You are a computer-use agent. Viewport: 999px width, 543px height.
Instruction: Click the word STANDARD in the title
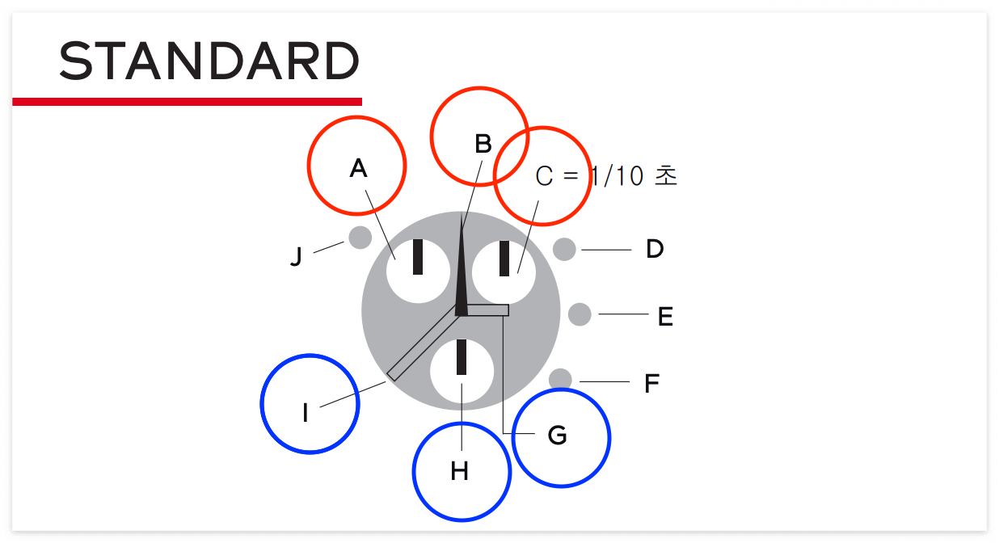pos(209,61)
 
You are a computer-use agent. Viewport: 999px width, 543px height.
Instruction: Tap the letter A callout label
pos(358,168)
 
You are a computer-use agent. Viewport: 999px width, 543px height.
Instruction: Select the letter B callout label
pos(483,144)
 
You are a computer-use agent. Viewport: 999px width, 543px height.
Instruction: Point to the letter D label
pos(655,249)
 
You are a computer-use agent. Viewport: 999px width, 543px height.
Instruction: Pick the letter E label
pos(665,317)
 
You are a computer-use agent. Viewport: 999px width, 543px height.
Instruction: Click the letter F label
pos(652,383)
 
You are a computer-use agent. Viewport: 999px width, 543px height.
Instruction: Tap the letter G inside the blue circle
pos(558,436)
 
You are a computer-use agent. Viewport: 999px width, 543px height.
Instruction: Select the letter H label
pos(460,471)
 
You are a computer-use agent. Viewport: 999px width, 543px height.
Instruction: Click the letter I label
pos(306,414)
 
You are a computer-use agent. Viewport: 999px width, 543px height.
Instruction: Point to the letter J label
pos(296,258)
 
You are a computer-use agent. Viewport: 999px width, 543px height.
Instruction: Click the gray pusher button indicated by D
pos(564,249)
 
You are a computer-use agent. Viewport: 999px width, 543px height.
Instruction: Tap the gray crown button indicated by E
pos(580,314)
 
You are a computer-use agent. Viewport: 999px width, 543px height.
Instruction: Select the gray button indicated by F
pos(560,379)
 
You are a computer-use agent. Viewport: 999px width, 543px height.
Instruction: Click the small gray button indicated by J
pos(360,238)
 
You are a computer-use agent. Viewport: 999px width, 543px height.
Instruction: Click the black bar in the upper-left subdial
pos(418,257)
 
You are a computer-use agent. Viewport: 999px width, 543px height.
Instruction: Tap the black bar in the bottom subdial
pos(462,357)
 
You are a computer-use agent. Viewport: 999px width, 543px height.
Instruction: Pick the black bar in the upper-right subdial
pos(504,259)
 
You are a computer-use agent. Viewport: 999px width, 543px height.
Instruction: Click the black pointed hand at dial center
pos(462,283)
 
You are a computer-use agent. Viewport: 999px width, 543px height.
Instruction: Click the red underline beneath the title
pos(187,101)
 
